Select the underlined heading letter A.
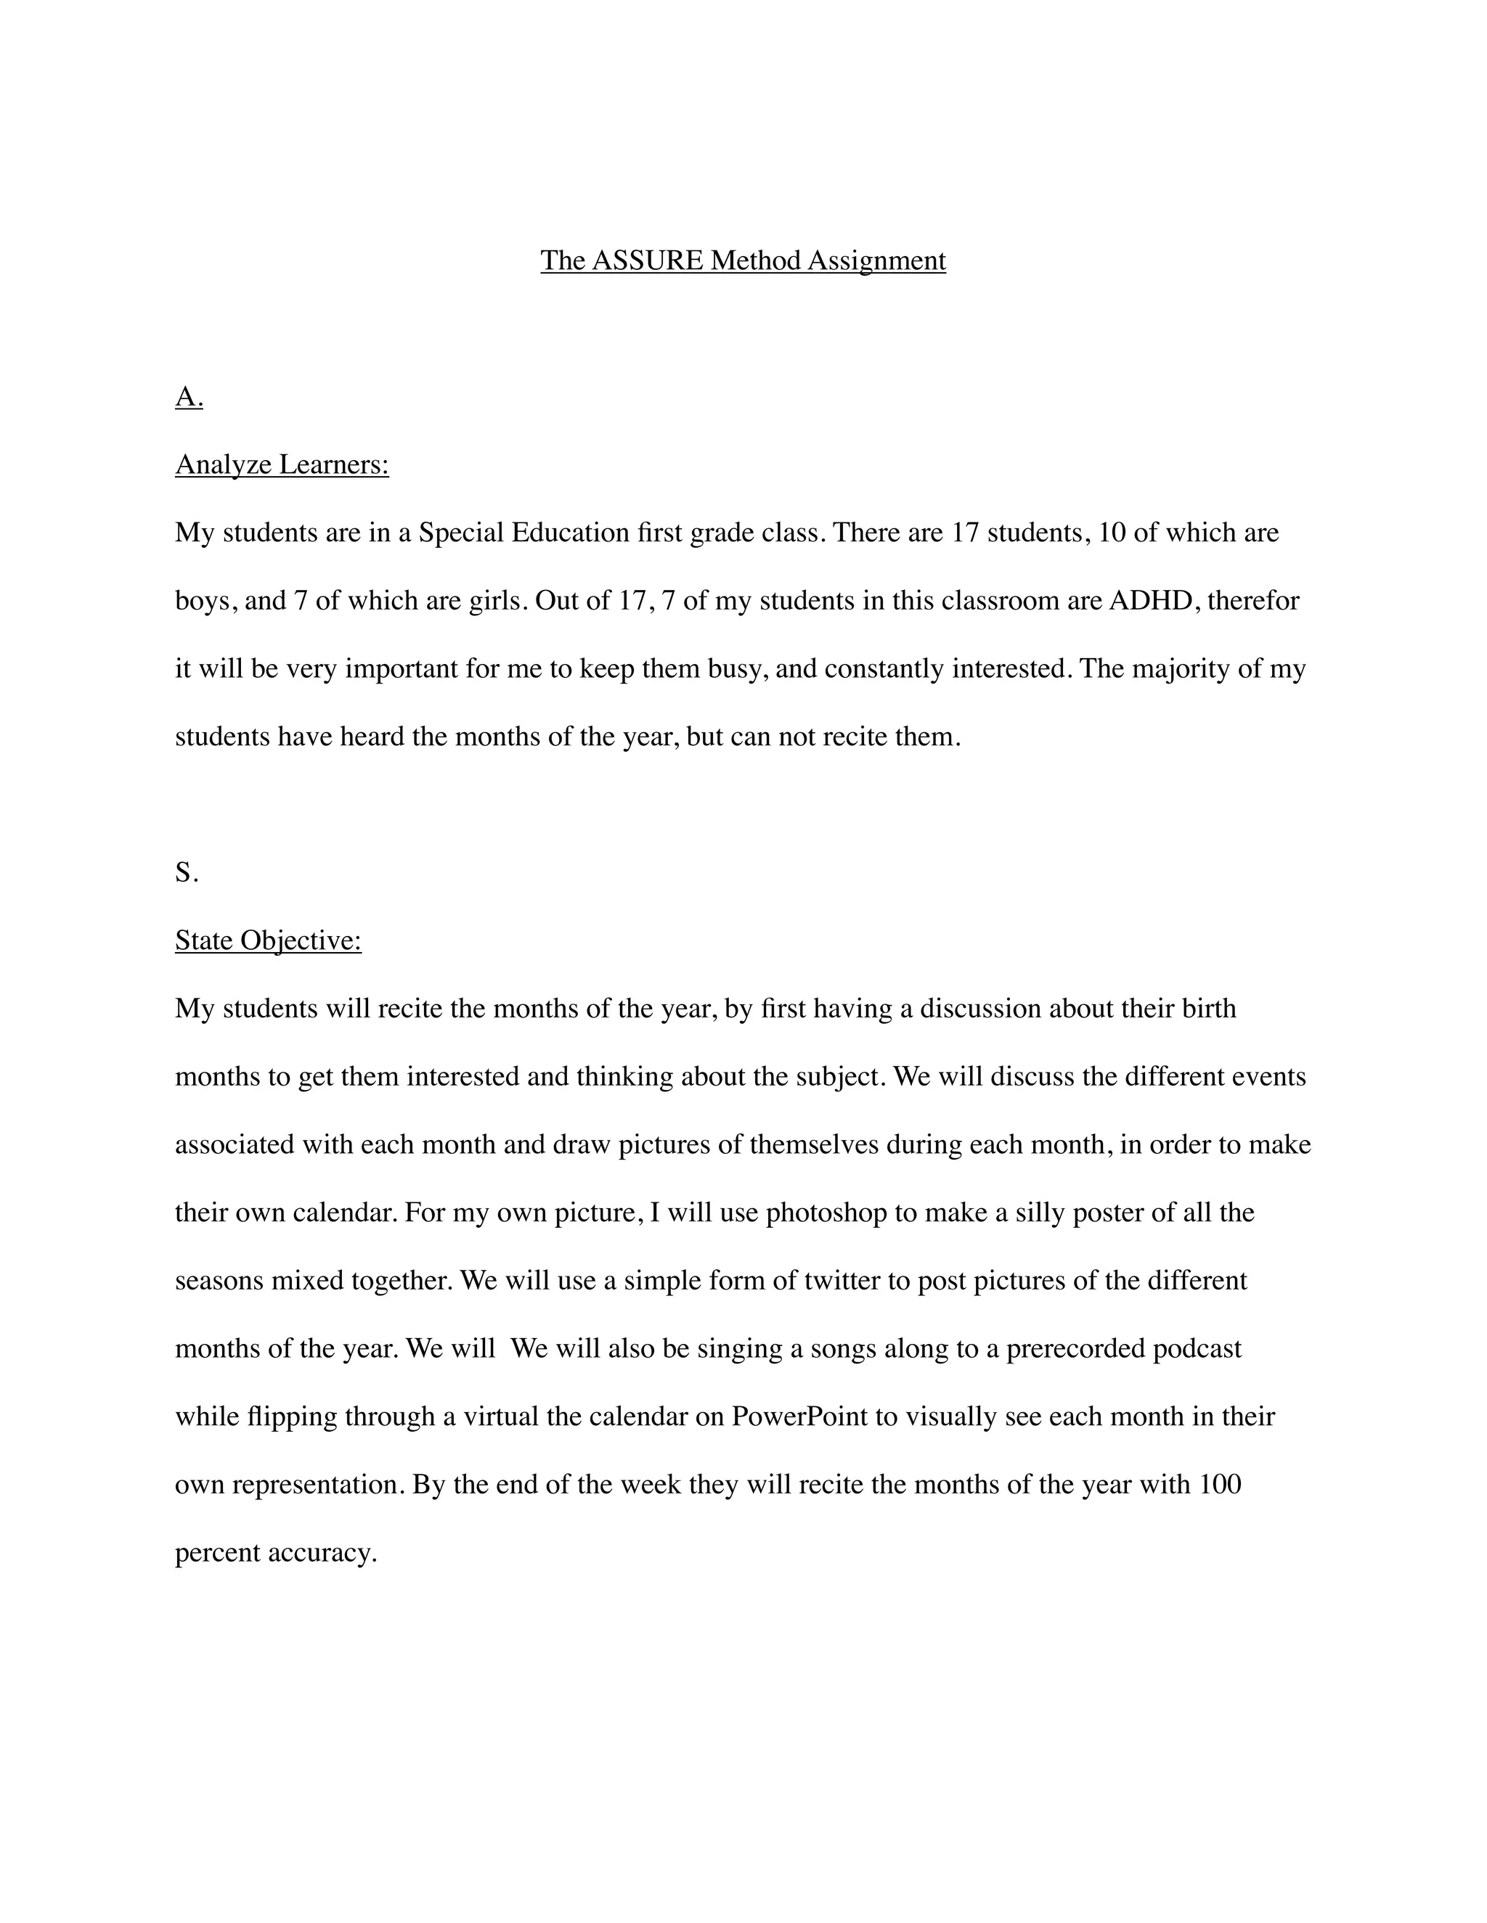(189, 398)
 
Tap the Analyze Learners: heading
(282, 464)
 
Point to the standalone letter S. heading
(187, 872)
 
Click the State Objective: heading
(268, 940)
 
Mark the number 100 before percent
(1220, 1485)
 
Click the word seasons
(219, 1280)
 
